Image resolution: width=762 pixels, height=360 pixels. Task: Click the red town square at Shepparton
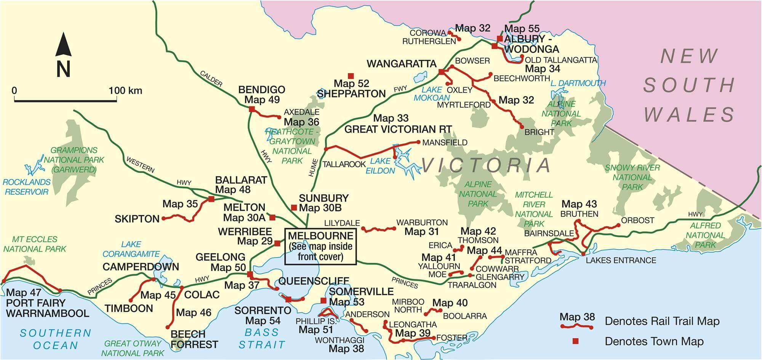[x=351, y=76]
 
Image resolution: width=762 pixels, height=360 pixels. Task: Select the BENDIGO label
[x=261, y=90]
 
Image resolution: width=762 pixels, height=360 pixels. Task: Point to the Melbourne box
[x=320, y=246]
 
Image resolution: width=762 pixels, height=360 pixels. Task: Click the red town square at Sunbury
[x=294, y=208]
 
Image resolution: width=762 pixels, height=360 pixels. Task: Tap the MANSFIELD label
[x=445, y=142]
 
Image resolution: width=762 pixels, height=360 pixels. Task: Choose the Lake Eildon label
[x=380, y=166]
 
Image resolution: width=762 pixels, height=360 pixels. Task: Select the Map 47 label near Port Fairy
[x=24, y=293]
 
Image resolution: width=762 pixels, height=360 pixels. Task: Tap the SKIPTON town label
[x=137, y=219]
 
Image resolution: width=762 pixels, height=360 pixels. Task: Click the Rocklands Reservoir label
[x=26, y=187]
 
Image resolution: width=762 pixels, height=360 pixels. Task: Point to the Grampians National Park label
[x=74, y=160]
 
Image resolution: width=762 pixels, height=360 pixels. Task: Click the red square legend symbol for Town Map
[x=576, y=341]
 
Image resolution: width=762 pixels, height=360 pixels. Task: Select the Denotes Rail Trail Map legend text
[x=662, y=321]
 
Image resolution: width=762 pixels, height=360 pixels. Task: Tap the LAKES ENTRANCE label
[x=621, y=261]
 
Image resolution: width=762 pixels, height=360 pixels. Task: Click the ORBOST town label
[x=637, y=220]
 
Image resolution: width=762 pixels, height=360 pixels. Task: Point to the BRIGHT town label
[x=539, y=132]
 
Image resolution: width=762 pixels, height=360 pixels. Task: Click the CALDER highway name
[x=211, y=78]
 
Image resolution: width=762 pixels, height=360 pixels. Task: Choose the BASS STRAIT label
[x=262, y=338]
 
